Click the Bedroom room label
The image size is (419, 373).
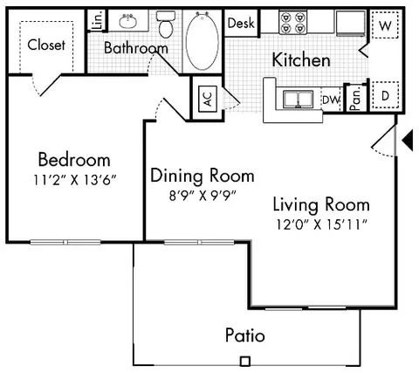click(73, 160)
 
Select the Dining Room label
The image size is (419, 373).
click(202, 175)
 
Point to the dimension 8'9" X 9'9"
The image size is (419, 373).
click(202, 194)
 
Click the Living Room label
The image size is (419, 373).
click(320, 205)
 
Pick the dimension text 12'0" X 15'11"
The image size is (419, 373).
click(320, 224)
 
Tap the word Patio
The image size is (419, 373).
click(245, 335)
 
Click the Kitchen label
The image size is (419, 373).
click(301, 60)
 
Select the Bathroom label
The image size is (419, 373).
click(135, 48)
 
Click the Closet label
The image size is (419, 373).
click(47, 45)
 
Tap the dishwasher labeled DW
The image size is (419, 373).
click(331, 100)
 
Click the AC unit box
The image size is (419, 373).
click(207, 98)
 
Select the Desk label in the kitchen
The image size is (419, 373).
click(240, 24)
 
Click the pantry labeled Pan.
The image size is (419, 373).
click(355, 97)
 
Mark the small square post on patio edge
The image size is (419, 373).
click(245, 360)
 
